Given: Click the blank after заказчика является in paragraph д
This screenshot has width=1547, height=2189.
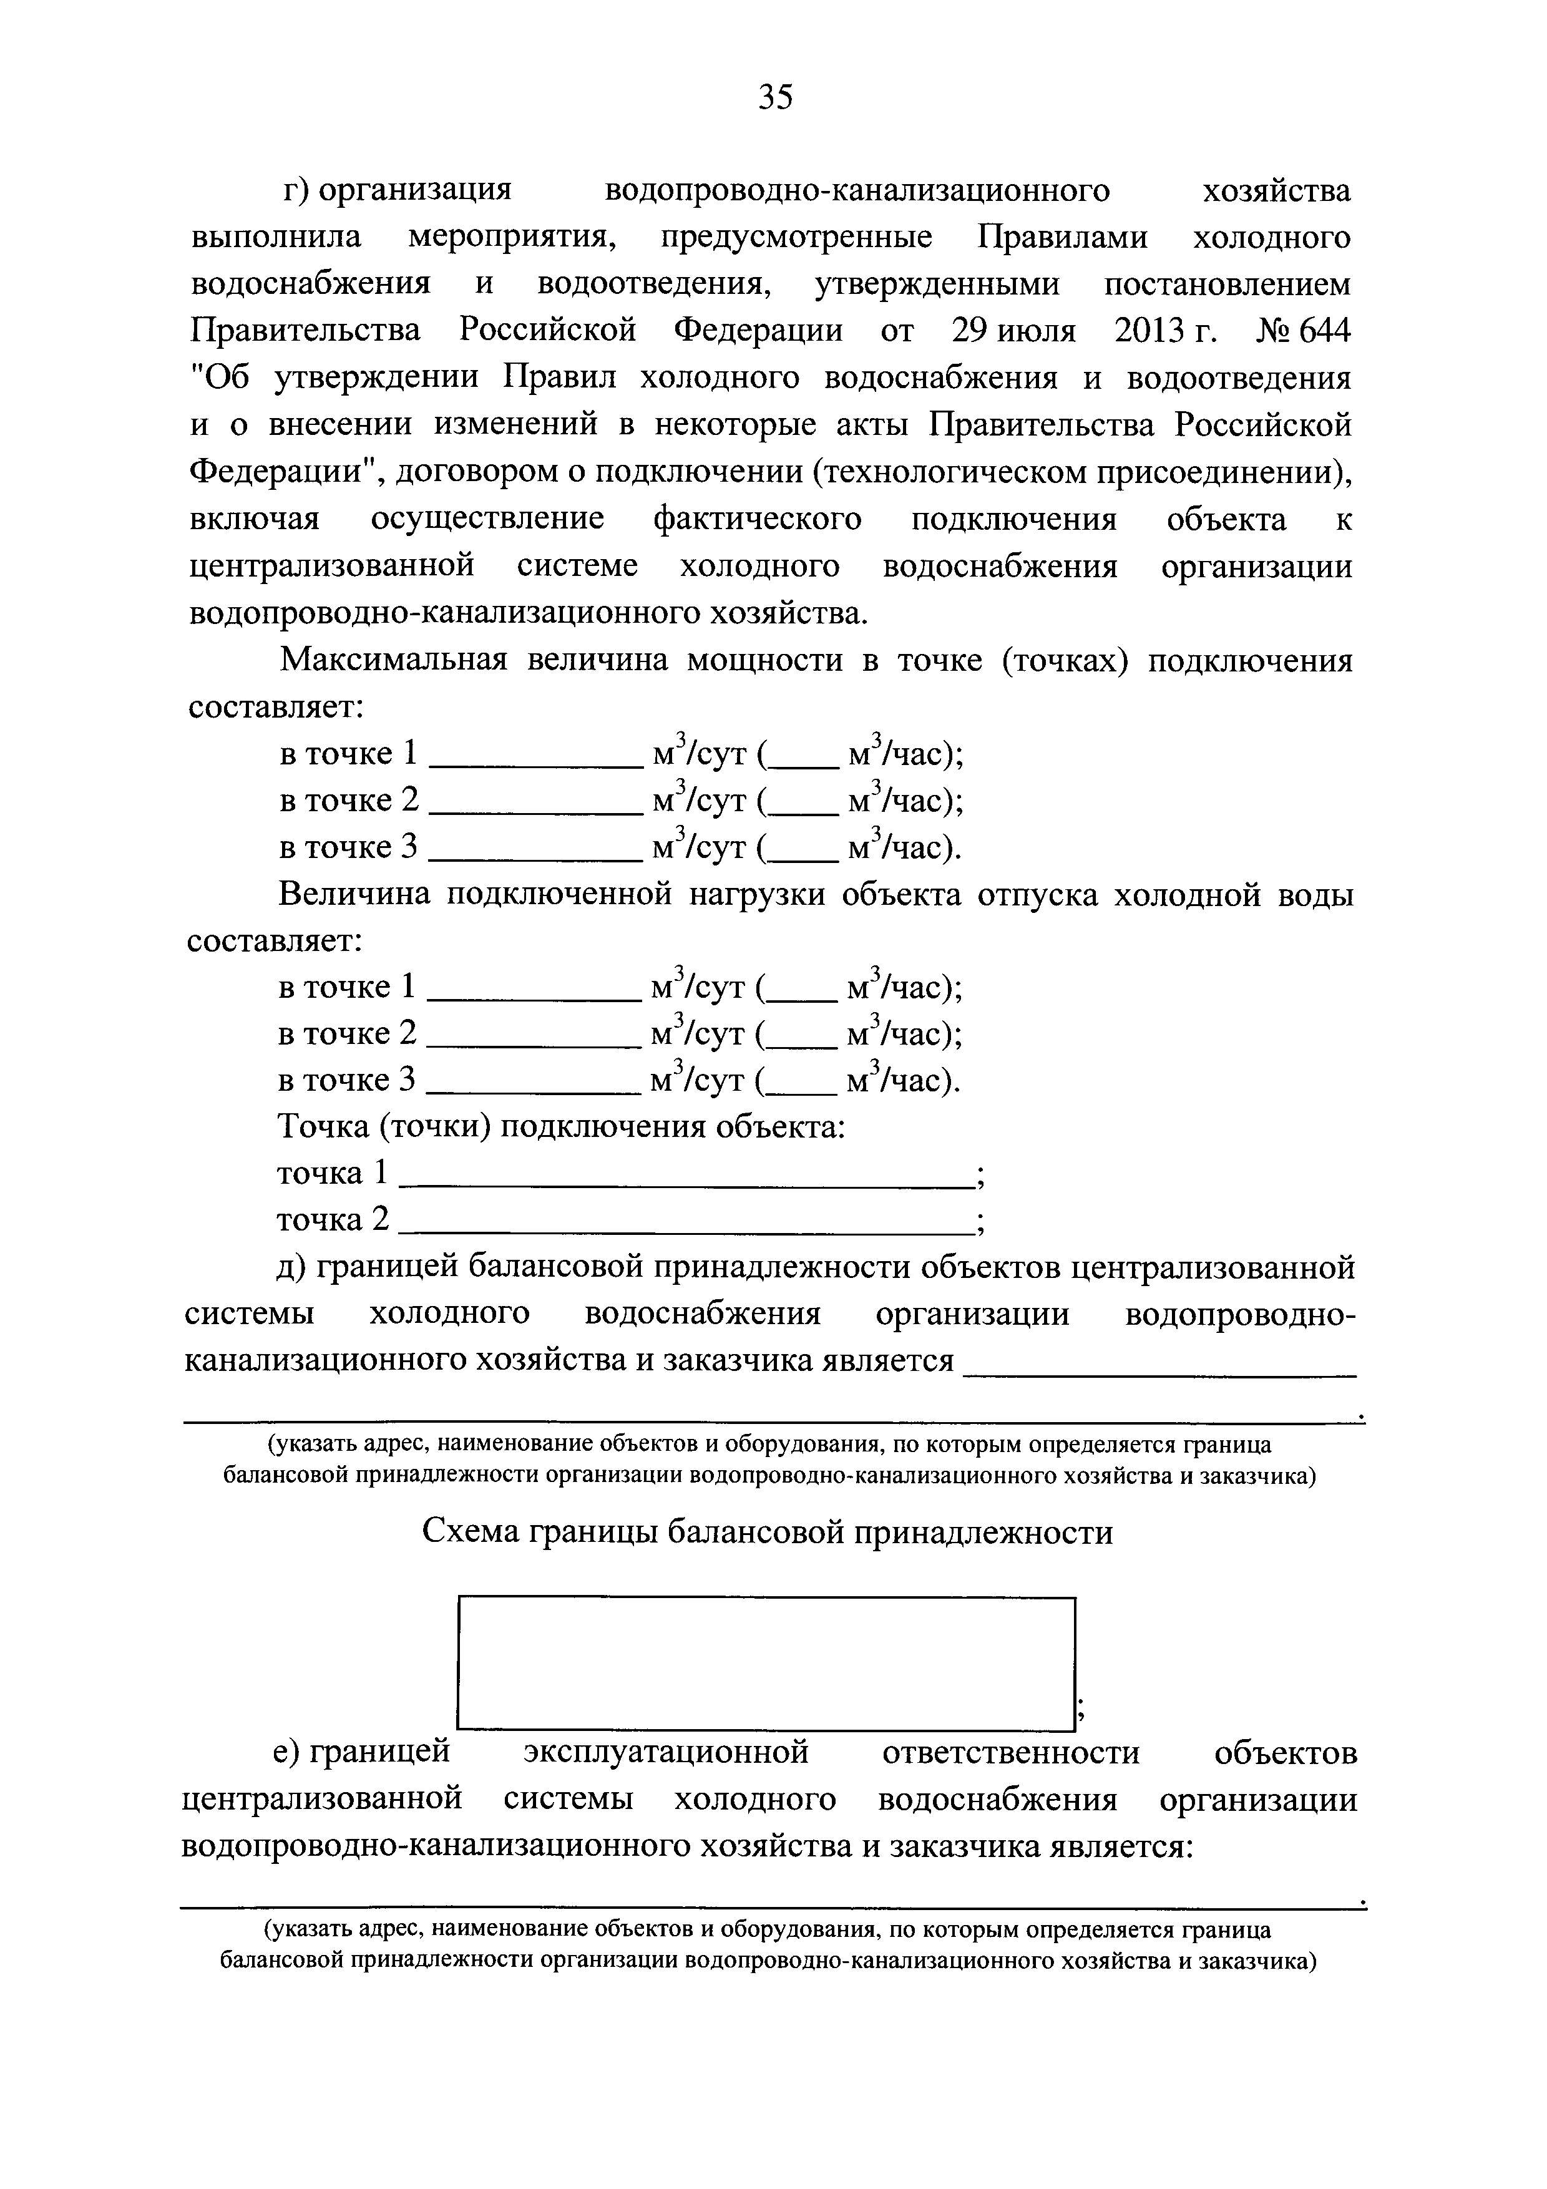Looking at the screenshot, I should [x=1160, y=1371].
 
